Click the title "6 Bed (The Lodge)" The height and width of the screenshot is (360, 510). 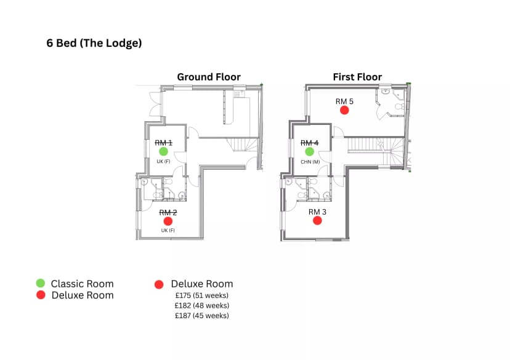click(x=94, y=43)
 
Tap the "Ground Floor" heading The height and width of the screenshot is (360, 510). click(x=209, y=77)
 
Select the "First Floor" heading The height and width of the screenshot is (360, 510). click(x=357, y=77)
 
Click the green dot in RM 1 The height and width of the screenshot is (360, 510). click(x=164, y=151)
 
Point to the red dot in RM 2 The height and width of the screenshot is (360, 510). click(x=168, y=222)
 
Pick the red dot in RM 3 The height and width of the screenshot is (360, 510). click(x=317, y=220)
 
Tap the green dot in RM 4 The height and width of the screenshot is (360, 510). click(x=309, y=151)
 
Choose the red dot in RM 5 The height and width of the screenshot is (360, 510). click(x=344, y=111)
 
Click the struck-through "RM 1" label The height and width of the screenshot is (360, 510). click(x=164, y=143)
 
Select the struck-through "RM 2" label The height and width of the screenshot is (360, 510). click(x=168, y=212)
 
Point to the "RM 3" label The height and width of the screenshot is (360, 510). click(x=317, y=212)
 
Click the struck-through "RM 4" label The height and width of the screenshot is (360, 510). click(x=309, y=143)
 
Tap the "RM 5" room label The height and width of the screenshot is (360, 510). click(x=344, y=102)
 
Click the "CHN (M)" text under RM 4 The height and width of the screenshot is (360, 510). click(x=310, y=162)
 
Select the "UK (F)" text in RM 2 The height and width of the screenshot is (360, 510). click(x=168, y=230)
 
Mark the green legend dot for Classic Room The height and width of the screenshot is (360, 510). click(x=40, y=283)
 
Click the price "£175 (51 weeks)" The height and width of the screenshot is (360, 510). click(x=201, y=295)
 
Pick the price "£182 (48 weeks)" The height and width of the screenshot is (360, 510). click(x=201, y=305)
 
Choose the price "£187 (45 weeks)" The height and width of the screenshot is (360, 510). click(x=201, y=316)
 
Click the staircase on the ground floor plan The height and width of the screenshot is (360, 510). click(x=242, y=144)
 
